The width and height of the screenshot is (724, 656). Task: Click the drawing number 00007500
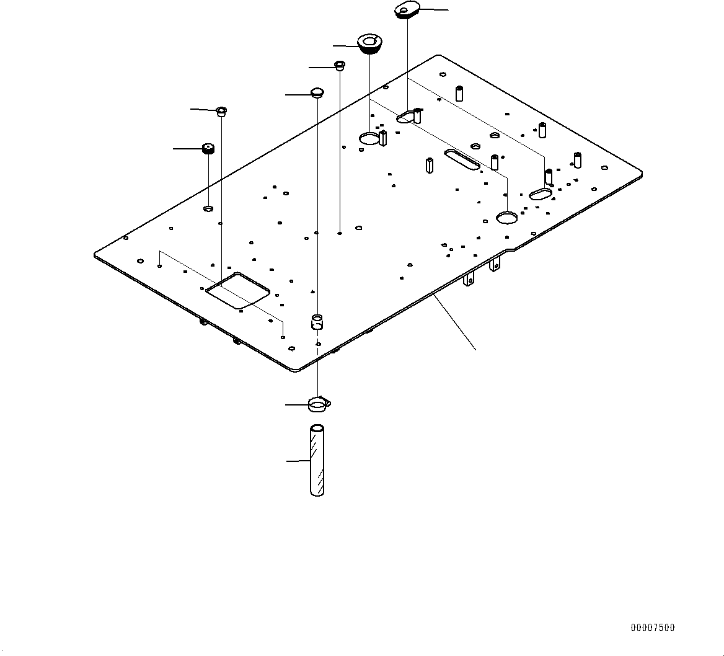coord(653,628)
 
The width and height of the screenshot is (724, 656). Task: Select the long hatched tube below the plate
coord(317,461)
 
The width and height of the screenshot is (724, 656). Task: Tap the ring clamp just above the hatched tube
coord(317,406)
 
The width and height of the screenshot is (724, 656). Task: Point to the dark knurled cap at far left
coord(208,148)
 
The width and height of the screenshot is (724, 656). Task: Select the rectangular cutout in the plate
coord(238,290)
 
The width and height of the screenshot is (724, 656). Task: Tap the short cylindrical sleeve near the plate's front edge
coord(317,321)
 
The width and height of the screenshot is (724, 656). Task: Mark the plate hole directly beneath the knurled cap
coord(208,208)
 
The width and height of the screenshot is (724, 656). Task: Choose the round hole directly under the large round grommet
coord(369,138)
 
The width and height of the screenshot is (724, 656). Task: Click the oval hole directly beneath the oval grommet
coord(405,116)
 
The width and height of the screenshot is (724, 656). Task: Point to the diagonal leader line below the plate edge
coord(456,323)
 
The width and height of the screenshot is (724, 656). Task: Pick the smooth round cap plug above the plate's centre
coord(317,93)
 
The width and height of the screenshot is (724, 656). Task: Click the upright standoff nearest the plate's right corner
coord(578,160)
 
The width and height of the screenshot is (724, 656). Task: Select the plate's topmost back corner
coord(439,56)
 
